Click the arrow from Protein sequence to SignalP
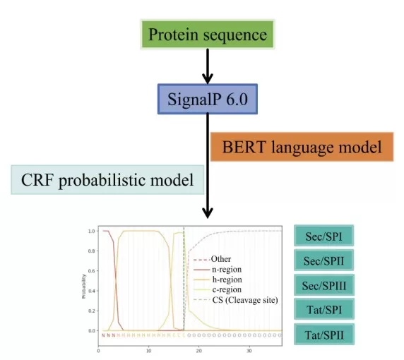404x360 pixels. tap(207, 67)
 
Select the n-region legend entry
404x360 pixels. tap(225, 269)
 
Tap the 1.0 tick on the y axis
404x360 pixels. tap(91, 232)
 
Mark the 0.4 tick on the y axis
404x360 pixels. tap(91, 291)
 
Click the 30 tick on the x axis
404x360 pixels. tap(249, 350)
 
